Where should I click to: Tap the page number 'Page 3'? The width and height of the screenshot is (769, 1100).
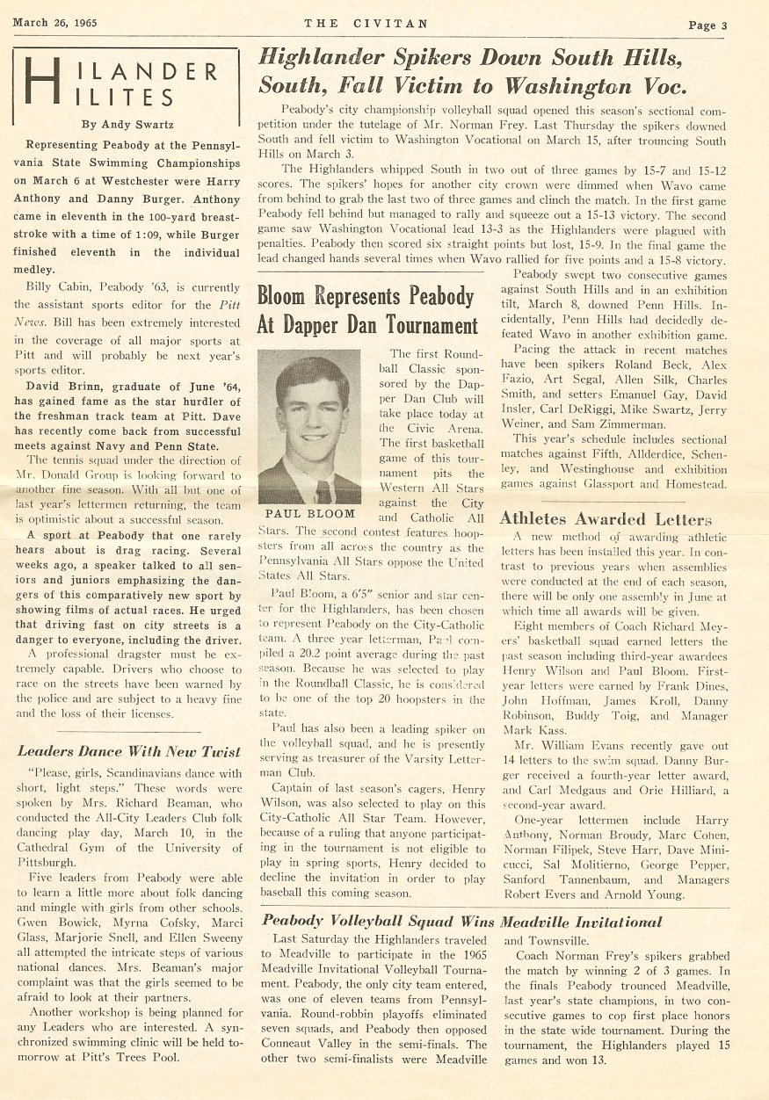tap(707, 25)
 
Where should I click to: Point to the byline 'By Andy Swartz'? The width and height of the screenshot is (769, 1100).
tap(124, 124)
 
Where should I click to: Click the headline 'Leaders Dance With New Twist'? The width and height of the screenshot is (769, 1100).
tap(129, 751)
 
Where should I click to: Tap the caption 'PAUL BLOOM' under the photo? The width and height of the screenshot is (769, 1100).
tap(308, 513)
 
